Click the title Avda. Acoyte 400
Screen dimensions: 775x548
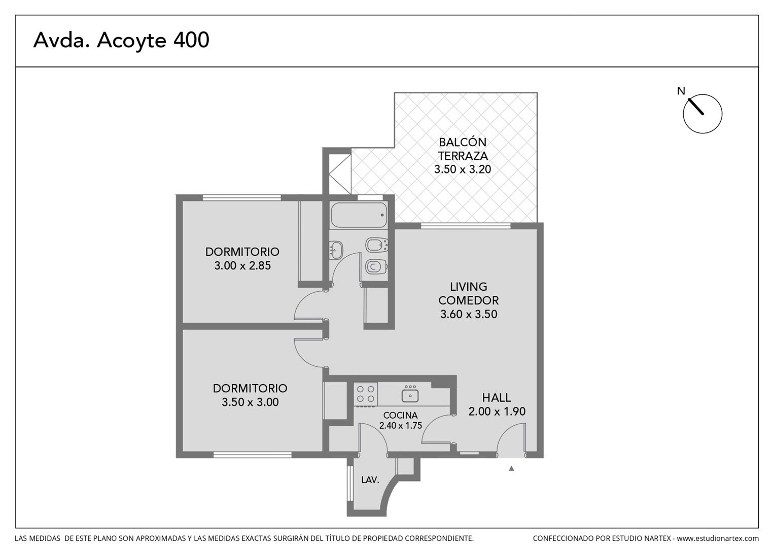pos(121,40)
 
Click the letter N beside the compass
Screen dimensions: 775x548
pos(681,91)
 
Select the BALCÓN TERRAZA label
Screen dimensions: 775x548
pos(463,149)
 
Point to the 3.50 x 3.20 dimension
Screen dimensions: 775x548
pos(463,169)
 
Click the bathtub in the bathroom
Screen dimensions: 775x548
pos(359,215)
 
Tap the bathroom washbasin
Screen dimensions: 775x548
pos(336,250)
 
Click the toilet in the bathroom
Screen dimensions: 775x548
pos(377,267)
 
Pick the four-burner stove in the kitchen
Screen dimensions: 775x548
pos(366,394)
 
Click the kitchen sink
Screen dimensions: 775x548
pos(410,394)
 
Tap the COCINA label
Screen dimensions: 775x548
pos(400,415)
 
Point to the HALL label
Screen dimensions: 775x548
pos(497,397)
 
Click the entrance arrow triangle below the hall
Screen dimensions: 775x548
pos(511,469)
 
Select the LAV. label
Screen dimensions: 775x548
pos(371,480)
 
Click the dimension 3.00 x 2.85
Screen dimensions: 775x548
pos(242,265)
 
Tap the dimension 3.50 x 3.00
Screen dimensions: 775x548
pos(250,402)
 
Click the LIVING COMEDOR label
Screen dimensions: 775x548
pos(469,293)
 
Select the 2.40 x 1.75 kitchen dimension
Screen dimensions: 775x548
pos(401,425)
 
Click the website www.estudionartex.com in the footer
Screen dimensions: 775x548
pos(718,538)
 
